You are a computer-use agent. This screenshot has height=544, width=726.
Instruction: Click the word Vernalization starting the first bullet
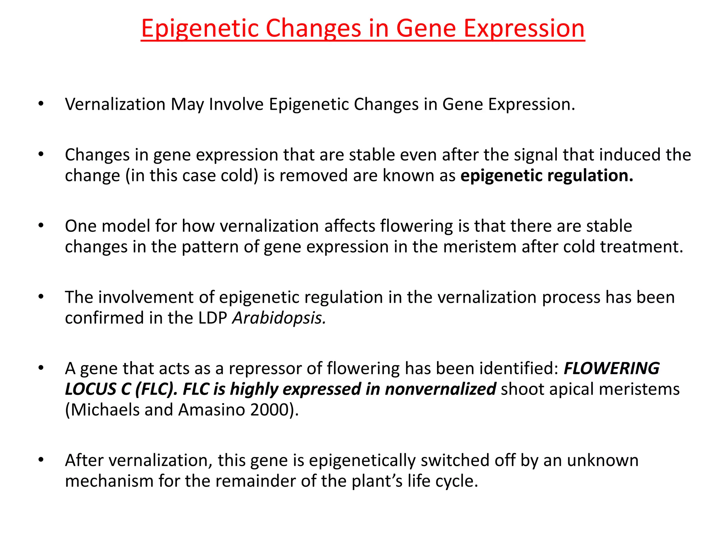tap(115, 104)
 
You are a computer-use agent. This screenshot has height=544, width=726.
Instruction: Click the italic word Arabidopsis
tap(279, 318)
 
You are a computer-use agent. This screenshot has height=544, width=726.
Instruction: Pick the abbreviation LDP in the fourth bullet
tap(212, 318)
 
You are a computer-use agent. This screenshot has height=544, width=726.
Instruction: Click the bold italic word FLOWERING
tap(611, 368)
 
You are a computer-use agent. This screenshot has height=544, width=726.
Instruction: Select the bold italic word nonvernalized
tap(440, 389)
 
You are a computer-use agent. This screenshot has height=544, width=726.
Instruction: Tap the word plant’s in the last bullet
tap(377, 481)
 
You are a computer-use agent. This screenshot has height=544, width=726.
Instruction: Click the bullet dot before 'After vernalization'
tap(41, 460)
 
